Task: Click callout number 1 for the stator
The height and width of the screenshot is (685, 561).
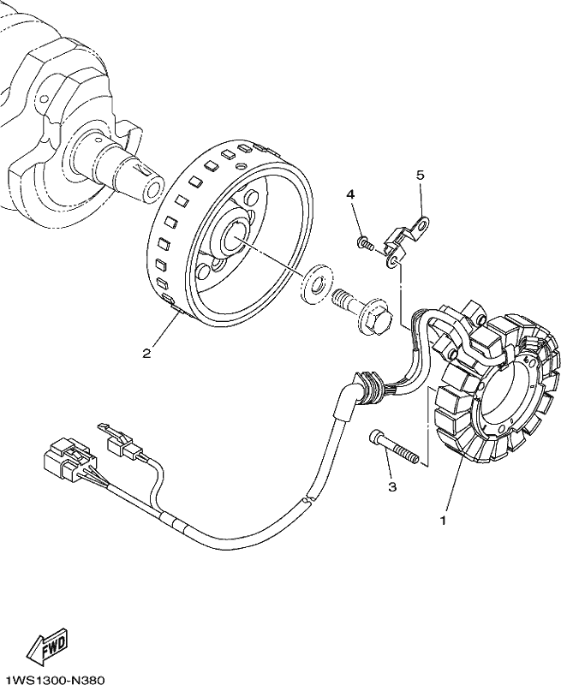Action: tap(444, 521)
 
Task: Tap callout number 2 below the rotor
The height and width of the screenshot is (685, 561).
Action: tap(146, 354)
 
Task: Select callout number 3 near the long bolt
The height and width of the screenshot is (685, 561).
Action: tap(392, 486)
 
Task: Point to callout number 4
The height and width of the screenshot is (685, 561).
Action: tap(350, 194)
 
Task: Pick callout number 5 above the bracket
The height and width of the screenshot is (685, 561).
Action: tap(420, 176)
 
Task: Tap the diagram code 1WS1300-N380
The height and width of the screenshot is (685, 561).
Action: tap(52, 680)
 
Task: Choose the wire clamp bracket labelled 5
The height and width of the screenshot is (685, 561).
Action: tap(405, 242)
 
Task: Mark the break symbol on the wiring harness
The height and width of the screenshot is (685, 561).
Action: tap(309, 499)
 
